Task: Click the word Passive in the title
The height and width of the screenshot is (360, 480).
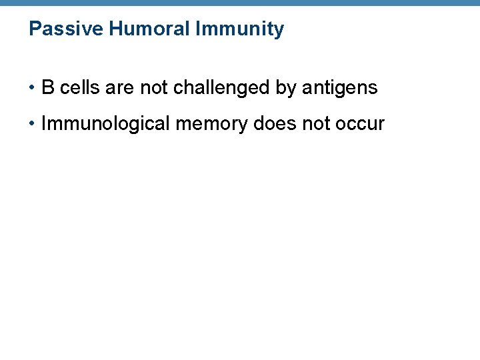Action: click(x=65, y=29)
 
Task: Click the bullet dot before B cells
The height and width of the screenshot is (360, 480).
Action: click(x=32, y=88)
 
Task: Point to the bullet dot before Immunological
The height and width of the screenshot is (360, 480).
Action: click(x=32, y=124)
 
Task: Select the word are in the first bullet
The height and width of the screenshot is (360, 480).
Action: click(x=120, y=88)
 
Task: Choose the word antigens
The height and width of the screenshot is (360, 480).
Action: click(x=339, y=88)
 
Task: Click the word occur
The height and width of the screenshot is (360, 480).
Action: click(x=363, y=124)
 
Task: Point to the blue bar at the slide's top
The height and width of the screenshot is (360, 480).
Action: click(x=240, y=3)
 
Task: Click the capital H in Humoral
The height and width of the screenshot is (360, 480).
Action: click(x=114, y=29)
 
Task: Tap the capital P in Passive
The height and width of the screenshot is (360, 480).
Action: click(x=35, y=29)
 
